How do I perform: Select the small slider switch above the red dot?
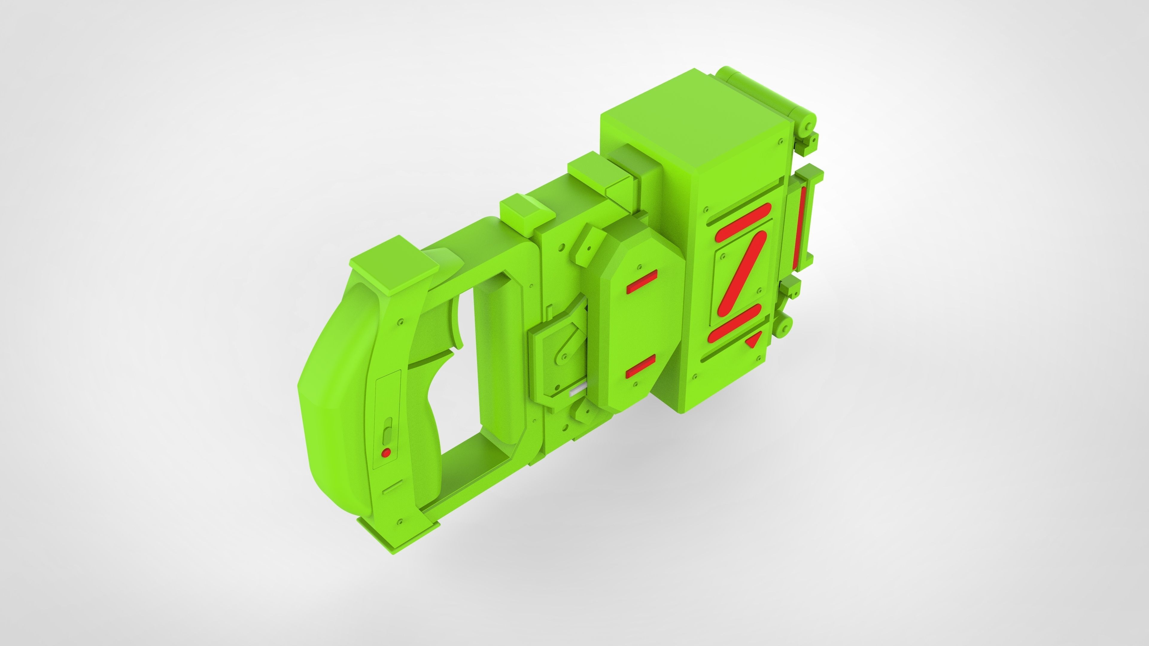(387, 431)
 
